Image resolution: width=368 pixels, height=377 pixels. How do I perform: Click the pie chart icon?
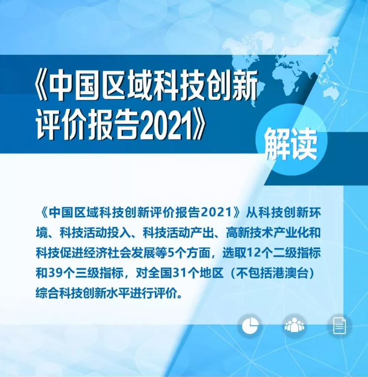tap(250, 326)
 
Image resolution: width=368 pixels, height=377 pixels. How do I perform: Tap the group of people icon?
tap(294, 325)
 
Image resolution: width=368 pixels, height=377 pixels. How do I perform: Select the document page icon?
tap(339, 326)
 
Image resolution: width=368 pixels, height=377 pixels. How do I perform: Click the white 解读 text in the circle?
tap(291, 144)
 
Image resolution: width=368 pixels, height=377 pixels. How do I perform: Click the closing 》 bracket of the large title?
tap(198, 125)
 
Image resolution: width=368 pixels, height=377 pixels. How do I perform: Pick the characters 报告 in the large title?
tap(115, 125)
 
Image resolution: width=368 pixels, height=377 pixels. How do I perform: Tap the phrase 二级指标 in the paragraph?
tap(296, 253)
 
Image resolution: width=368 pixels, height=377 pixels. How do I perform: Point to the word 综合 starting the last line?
tap(47, 294)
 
